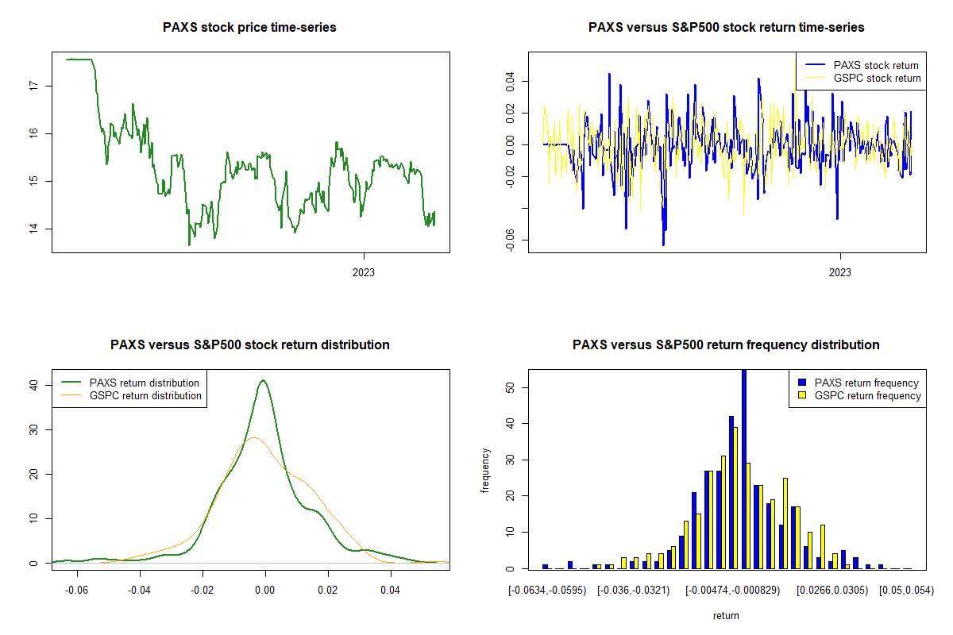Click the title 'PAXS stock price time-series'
pyautogui.click(x=249, y=28)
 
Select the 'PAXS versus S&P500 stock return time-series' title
pyautogui.click(x=726, y=28)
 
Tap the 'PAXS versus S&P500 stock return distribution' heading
pyautogui.click(x=249, y=345)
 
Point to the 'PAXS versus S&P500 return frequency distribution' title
pyautogui.click(x=726, y=345)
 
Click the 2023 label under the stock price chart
pyautogui.click(x=364, y=273)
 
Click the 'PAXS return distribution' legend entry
pyautogui.click(x=144, y=383)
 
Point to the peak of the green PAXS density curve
pyautogui.click(x=263, y=380)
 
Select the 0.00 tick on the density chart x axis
pyautogui.click(x=265, y=591)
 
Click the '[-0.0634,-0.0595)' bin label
pyautogui.click(x=548, y=591)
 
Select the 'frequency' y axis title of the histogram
pyautogui.click(x=487, y=471)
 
